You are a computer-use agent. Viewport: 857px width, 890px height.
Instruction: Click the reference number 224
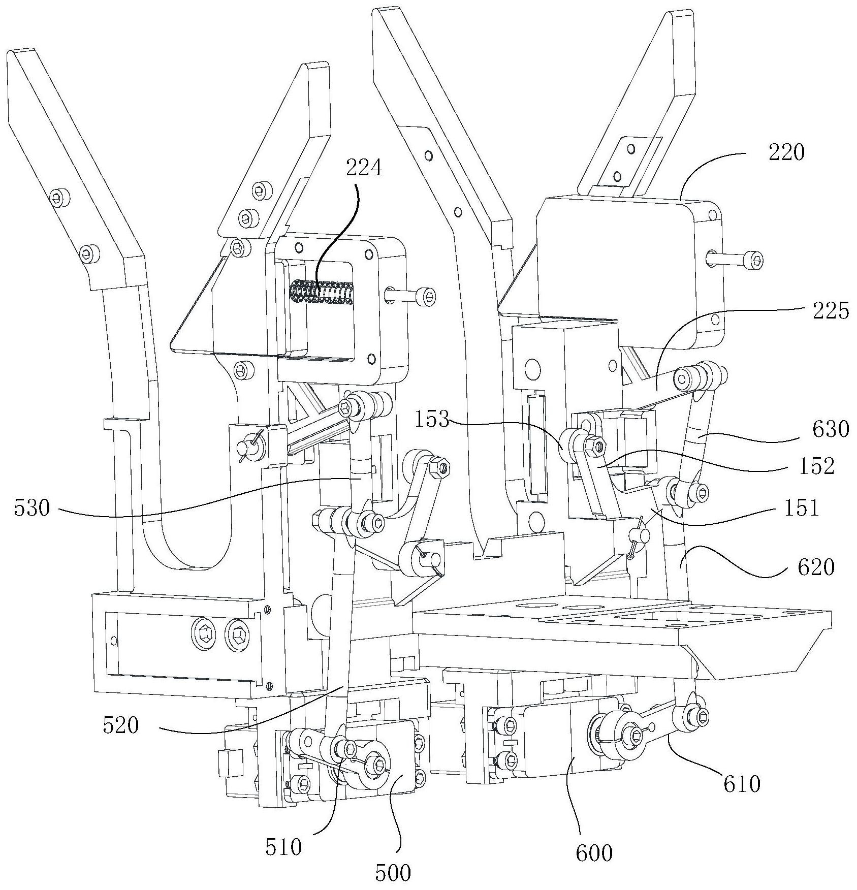click(364, 167)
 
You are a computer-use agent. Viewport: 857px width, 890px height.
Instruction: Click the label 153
click(431, 420)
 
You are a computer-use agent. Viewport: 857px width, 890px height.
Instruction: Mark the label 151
click(801, 508)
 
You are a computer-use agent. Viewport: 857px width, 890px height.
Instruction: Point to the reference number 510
click(282, 847)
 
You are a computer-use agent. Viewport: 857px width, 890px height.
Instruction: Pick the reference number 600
click(593, 853)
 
